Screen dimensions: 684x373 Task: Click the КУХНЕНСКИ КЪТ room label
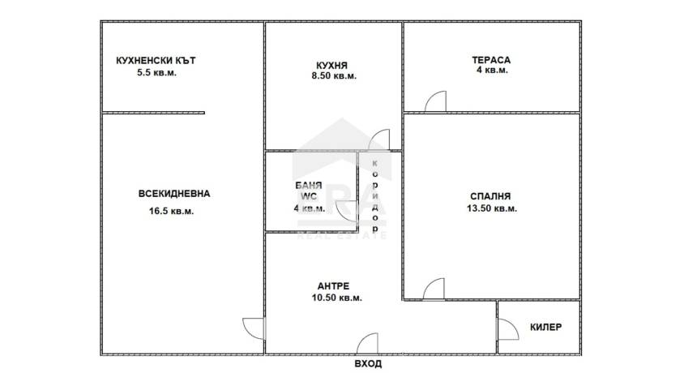coord(156,61)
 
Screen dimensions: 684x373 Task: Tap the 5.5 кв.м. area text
coord(156,73)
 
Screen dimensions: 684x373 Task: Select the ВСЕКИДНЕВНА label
coord(174,194)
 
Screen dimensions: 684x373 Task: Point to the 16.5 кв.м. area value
coord(172,211)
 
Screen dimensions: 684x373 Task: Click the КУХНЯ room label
coord(332,66)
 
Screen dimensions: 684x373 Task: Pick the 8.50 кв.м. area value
coord(334,76)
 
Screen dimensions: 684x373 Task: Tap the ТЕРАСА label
coord(491,60)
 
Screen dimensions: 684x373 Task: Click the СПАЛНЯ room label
coord(490,196)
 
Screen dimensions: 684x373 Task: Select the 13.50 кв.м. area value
coord(492,208)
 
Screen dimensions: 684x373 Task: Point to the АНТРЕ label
coord(333,286)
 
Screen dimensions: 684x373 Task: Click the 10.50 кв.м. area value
coord(337,298)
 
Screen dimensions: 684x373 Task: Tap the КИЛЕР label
coord(545,327)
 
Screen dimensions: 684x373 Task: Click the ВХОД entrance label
coord(368,364)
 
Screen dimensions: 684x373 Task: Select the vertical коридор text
coord(374,196)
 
